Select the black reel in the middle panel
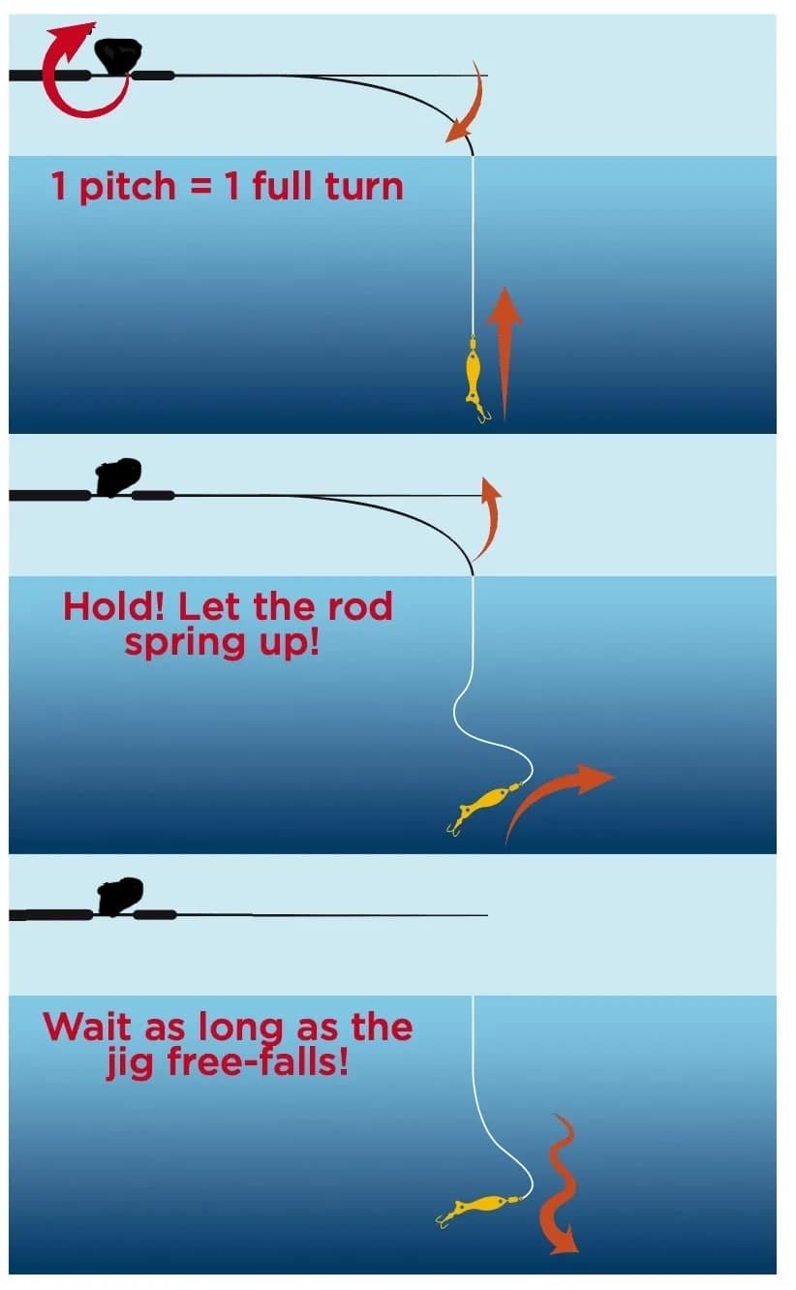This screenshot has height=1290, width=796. click(118, 477)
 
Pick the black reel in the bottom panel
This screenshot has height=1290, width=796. click(120, 897)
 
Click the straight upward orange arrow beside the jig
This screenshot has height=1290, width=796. click(505, 353)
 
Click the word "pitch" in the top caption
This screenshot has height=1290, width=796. click(127, 187)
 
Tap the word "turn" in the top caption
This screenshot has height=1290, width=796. click(364, 186)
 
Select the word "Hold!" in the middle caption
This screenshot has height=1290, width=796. click(113, 606)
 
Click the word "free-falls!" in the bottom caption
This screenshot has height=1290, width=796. click(258, 1061)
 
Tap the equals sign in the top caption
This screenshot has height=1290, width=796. click(200, 187)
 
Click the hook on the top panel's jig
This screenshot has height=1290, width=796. click(482, 414)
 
